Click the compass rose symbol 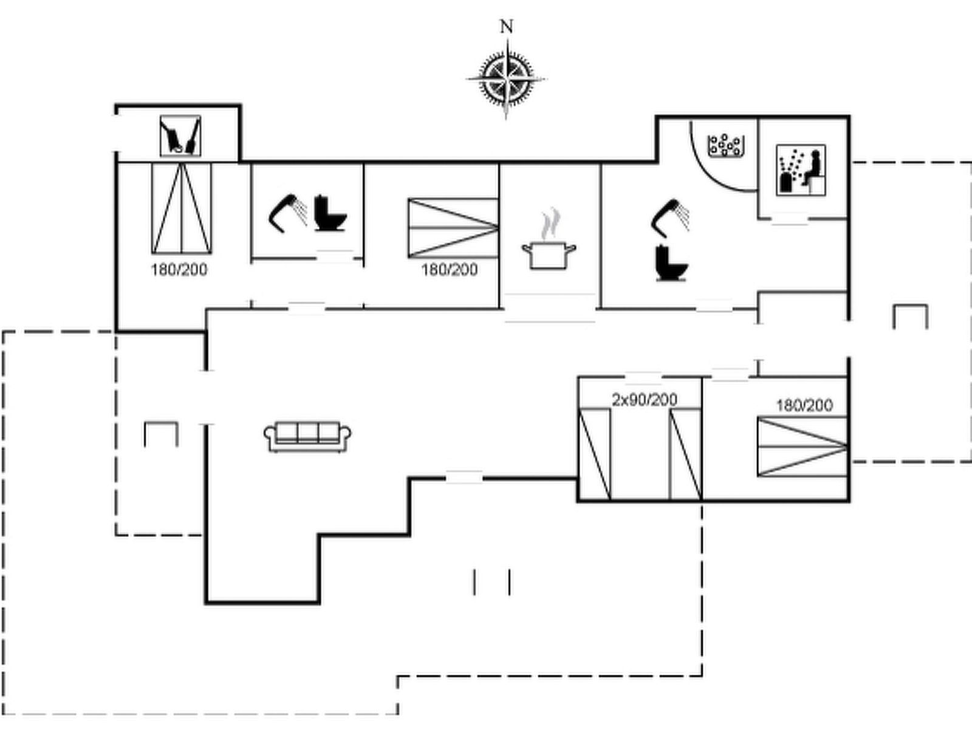pyautogui.click(x=506, y=78)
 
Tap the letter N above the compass pyautogui.click(x=506, y=26)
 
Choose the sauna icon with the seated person pyautogui.click(x=801, y=170)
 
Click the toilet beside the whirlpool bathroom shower pyautogui.click(x=671, y=263)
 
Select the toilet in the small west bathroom pyautogui.click(x=330, y=213)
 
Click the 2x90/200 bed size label pyautogui.click(x=645, y=400)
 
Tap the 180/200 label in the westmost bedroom pyautogui.click(x=179, y=269)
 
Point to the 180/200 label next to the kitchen pyautogui.click(x=450, y=269)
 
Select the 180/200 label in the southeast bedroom pyautogui.click(x=804, y=405)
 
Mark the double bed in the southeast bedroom pyautogui.click(x=802, y=447)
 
